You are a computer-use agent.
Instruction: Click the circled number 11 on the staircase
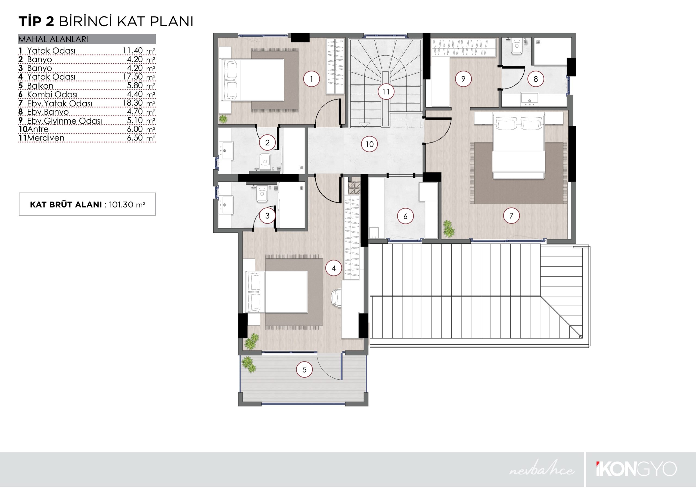386,92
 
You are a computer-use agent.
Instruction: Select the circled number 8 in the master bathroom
536,79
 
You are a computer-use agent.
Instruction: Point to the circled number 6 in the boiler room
406,216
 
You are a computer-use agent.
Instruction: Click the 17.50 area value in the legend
132,76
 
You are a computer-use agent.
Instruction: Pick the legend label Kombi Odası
52,94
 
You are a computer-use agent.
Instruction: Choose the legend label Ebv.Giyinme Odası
64,121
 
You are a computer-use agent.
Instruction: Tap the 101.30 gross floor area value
121,205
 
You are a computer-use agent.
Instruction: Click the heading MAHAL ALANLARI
53,39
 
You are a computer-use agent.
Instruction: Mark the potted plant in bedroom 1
223,119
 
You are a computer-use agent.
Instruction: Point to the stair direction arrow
364,124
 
